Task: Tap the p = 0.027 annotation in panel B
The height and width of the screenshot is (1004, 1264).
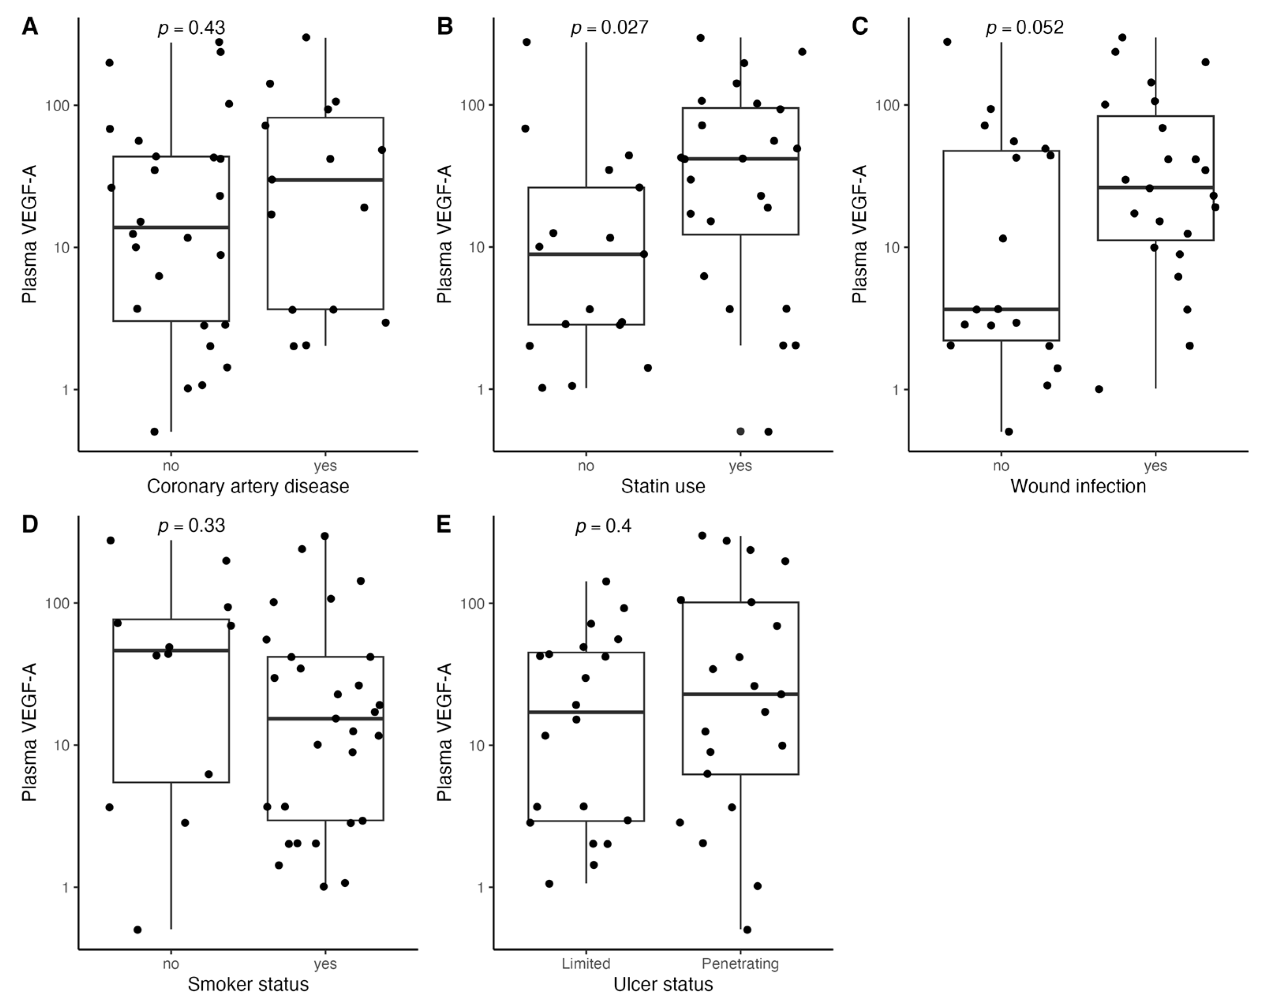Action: coord(610,28)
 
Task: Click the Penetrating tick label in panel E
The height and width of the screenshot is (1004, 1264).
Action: coord(740,963)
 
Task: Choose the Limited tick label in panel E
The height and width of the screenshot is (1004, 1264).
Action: coord(586,963)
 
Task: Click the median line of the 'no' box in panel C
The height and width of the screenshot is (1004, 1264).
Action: coord(1001,309)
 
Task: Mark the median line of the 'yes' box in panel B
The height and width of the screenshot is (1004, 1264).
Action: coord(740,158)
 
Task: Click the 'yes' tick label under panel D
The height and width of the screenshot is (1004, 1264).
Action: coord(325,963)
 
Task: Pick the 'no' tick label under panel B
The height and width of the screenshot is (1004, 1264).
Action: coord(586,466)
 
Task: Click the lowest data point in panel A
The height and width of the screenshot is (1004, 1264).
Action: coord(154,431)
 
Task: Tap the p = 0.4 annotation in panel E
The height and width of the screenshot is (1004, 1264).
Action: coord(603,526)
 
